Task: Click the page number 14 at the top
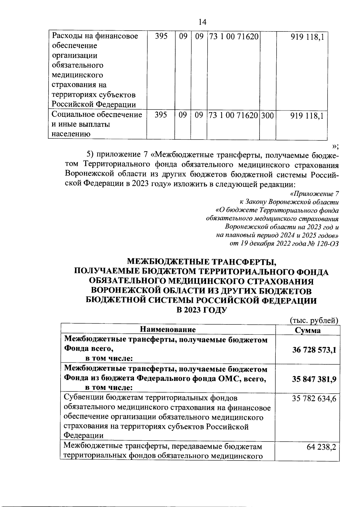point(202,22)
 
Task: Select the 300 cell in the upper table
point(267,115)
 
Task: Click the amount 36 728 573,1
point(314,350)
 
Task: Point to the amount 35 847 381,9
point(314,379)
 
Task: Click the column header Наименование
point(168,330)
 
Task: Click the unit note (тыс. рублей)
point(314,320)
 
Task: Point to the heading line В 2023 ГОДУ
point(201,309)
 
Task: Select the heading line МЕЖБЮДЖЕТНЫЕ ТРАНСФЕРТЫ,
point(201,262)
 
